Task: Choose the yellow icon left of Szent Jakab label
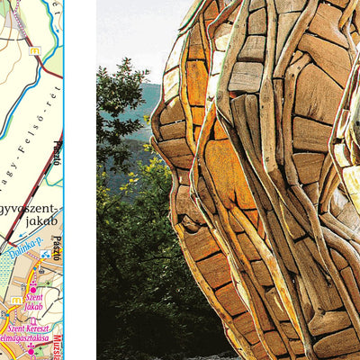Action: (x=15, y=301)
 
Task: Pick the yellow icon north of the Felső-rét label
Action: (x=34, y=51)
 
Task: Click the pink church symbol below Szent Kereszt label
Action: (x=31, y=347)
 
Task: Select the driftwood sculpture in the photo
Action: (x=261, y=180)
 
